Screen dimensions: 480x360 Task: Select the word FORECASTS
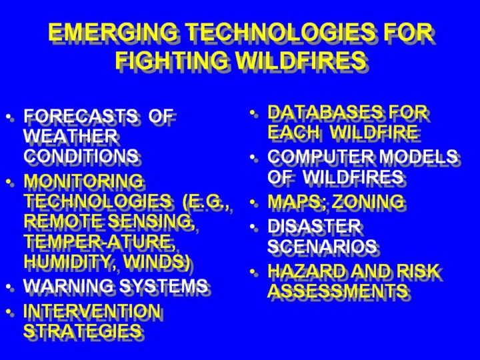tap(81, 116)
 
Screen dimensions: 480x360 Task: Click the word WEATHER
tap(71, 135)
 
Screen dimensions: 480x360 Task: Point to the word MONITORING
tap(83, 181)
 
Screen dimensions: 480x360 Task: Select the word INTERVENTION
tap(92, 311)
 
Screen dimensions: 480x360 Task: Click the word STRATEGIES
tap(83, 331)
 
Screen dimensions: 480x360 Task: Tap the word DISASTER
tap(314, 226)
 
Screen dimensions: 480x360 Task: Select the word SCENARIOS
tap(322, 246)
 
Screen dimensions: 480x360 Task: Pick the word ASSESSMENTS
tap(337, 290)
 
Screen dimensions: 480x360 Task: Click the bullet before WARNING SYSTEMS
tap(10, 287)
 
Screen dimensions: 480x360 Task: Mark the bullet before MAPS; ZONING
tap(253, 203)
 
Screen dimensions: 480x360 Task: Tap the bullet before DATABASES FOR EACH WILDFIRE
tap(253, 113)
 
